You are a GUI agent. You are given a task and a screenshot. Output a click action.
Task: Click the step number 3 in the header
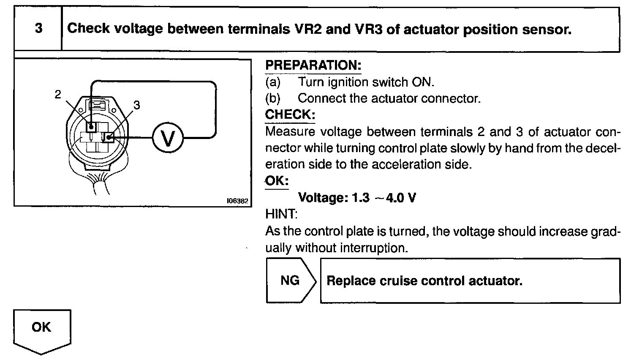(x=38, y=29)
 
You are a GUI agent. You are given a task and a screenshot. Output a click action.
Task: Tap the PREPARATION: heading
(x=313, y=65)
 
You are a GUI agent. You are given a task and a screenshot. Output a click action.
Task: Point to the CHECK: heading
(x=290, y=115)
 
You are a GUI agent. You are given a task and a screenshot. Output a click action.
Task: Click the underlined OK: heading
(x=277, y=181)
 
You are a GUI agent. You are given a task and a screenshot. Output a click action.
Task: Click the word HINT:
(x=281, y=214)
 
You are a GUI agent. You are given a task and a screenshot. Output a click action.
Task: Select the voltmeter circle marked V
(x=168, y=138)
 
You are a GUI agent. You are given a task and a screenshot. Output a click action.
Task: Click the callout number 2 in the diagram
(x=58, y=95)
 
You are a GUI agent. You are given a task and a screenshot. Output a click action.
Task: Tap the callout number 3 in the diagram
(x=136, y=106)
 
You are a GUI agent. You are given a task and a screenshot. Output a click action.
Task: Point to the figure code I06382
(x=237, y=201)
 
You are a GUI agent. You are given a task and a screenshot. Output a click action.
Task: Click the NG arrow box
(x=290, y=281)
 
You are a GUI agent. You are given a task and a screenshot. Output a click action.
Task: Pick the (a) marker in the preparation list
(x=272, y=82)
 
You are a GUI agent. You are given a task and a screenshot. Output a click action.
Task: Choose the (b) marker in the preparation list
(x=272, y=98)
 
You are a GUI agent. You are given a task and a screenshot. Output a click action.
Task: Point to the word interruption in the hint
(x=375, y=248)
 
